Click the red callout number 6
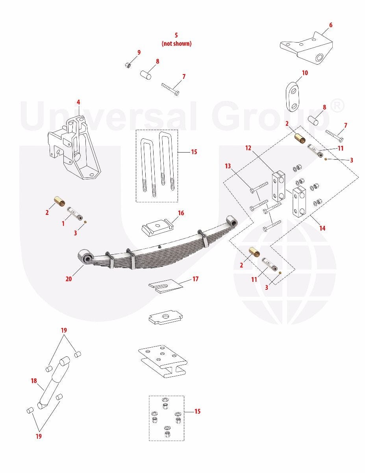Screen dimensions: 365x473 pos(330,25)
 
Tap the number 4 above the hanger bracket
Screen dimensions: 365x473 pos(78,102)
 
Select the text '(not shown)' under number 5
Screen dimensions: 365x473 pos(176,43)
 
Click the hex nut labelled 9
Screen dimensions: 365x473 pos(128,65)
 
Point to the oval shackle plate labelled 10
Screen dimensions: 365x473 pos(292,97)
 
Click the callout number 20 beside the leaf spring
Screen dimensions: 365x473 pos(69,279)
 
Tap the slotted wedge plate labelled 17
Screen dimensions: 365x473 pos(166,286)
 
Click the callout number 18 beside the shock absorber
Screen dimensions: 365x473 pos(34,381)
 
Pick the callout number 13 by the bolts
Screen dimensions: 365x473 pos(228,166)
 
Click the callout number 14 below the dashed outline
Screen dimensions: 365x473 pos(322,228)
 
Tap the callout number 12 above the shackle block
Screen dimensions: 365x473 pos(248,148)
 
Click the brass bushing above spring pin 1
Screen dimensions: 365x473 pos(59,201)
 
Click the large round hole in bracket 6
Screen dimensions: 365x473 pos(320,58)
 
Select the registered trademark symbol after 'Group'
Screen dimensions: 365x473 pos(337,106)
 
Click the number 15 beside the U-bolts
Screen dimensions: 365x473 pos(194,152)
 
